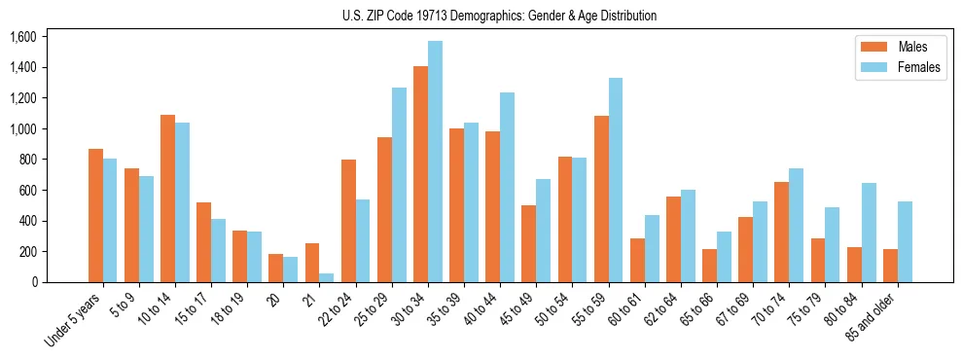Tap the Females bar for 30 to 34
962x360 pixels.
coord(435,162)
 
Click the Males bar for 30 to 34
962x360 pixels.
coord(420,174)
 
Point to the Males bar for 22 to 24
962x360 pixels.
coord(348,221)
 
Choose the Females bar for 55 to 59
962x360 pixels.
coord(616,180)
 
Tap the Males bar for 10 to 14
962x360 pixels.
coord(167,198)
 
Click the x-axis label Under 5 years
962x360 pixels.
coord(73,320)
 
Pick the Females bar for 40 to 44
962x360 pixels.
coord(507,187)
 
